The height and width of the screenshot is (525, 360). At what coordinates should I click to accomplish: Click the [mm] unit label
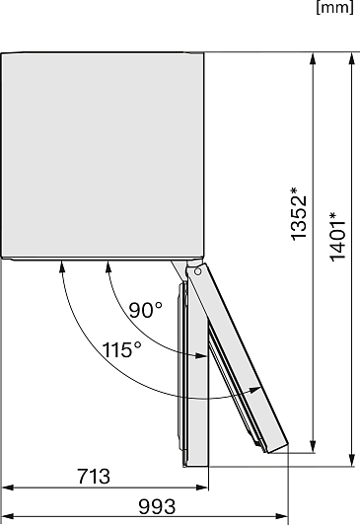334,7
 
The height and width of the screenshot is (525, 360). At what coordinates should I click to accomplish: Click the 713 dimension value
94,476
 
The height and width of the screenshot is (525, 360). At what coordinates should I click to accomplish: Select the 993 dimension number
157,506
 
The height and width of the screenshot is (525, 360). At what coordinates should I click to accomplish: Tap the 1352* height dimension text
299,213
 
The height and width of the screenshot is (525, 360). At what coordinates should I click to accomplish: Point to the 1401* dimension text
337,236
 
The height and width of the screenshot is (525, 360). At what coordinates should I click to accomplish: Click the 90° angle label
146,310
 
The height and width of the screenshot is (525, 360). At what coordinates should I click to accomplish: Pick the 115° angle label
121,350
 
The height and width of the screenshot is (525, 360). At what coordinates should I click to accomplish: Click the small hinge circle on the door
197,271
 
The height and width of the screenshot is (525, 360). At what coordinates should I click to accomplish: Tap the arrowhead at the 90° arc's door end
201,356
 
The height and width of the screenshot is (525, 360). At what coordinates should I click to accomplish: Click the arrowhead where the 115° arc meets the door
254,390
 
